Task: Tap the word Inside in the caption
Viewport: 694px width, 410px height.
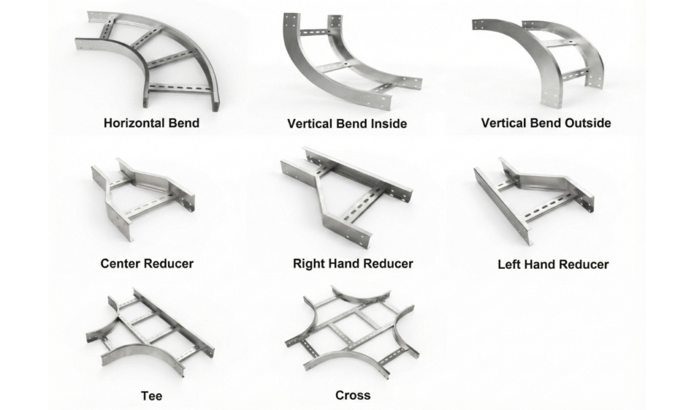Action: point(384,124)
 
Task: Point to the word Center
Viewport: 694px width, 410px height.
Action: point(123,263)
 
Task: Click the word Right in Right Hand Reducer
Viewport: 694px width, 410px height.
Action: point(308,263)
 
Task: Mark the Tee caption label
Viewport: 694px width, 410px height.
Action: point(152,396)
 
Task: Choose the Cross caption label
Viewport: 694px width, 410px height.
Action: point(352,395)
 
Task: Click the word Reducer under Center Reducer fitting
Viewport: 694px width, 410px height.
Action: point(171,263)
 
